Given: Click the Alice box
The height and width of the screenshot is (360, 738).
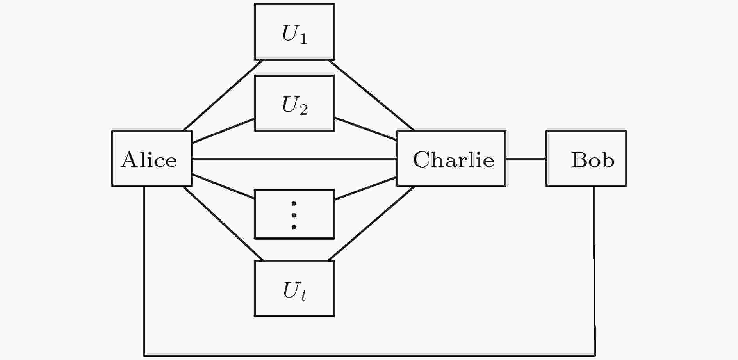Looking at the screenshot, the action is [x=152, y=159].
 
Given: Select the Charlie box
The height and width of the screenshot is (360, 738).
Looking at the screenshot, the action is [x=451, y=159].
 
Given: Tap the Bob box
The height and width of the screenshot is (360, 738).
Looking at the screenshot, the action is [x=586, y=159].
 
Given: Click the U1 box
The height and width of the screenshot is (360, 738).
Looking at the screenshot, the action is [x=294, y=32].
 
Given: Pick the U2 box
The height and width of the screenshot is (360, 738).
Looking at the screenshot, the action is [x=294, y=103].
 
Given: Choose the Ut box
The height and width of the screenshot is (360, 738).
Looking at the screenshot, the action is [x=294, y=289].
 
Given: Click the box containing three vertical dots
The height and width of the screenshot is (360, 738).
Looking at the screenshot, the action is [x=294, y=214].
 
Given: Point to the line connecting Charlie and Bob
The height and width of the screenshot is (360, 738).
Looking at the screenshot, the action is [x=526, y=159].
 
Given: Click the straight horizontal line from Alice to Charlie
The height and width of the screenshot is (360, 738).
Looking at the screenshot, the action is [x=294, y=159].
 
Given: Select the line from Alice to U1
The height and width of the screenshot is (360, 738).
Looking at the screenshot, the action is [x=223, y=95].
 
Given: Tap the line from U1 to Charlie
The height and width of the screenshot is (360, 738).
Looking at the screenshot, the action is [x=371, y=95].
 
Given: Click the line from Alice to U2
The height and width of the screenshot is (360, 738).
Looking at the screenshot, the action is [x=223, y=131].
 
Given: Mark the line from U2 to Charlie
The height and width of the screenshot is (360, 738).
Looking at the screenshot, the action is [x=365, y=128].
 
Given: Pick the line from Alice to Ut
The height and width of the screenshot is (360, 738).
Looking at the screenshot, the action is [x=223, y=224].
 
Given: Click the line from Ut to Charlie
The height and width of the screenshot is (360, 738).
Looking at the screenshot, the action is [x=371, y=224].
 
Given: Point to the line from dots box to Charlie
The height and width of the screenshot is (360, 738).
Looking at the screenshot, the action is [x=365, y=189].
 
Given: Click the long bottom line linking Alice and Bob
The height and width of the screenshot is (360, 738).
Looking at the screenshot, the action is [x=369, y=356].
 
